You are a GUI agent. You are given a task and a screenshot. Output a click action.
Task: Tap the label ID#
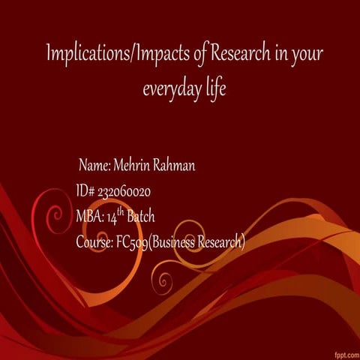(85, 192)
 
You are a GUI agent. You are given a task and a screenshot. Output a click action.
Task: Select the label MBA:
(89, 217)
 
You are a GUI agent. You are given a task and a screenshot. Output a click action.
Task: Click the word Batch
(141, 217)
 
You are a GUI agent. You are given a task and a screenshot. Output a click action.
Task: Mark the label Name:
(95, 166)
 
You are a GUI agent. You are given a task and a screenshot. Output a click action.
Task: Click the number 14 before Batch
(112, 218)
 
